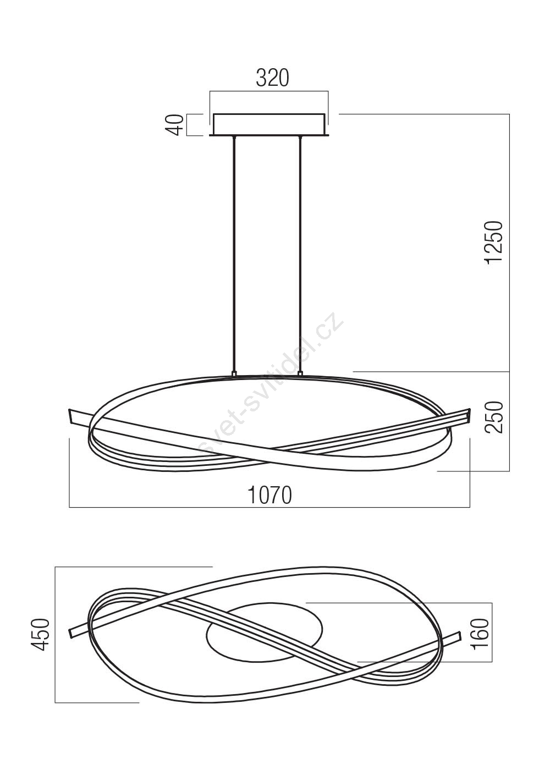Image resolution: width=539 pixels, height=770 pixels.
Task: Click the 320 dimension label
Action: point(272,78)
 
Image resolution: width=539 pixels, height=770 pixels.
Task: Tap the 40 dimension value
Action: point(177,125)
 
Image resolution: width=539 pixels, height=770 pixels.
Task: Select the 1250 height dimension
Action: point(494,242)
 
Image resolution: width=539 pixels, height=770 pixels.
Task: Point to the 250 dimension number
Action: point(494,416)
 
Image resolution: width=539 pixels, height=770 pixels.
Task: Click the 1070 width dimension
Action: point(270,495)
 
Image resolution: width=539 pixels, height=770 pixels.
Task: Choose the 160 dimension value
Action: point(480,634)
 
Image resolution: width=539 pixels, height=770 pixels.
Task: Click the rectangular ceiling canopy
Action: point(269,125)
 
